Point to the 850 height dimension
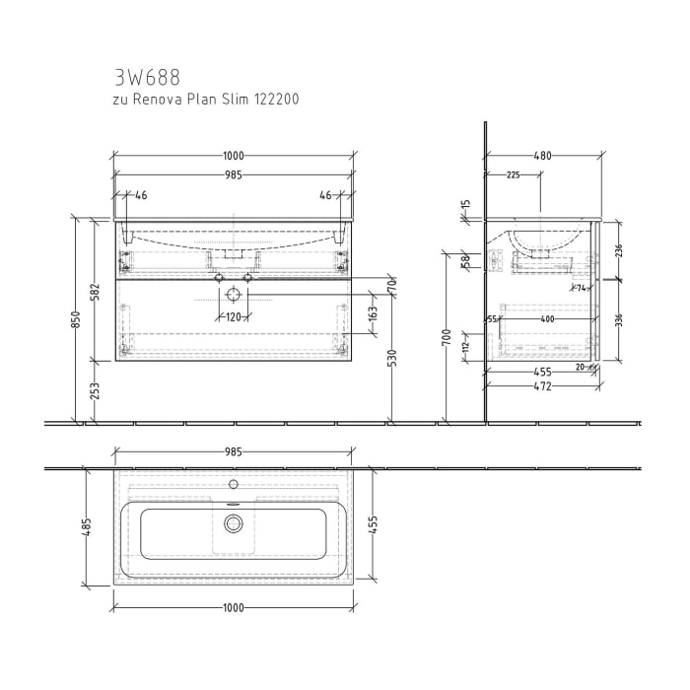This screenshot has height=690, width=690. point(75,320)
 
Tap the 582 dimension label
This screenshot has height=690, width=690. point(94,292)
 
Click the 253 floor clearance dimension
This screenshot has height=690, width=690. point(94,391)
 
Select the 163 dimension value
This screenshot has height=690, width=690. point(374,314)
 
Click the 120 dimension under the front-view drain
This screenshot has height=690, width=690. point(234,317)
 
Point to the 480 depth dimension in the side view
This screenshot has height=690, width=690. point(543,156)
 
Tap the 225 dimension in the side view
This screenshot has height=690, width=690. point(513,175)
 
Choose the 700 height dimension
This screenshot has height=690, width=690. point(448,340)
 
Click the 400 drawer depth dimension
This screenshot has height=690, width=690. point(547,319)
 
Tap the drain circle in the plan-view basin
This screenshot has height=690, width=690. point(234,522)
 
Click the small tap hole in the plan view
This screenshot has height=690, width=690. point(234,484)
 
